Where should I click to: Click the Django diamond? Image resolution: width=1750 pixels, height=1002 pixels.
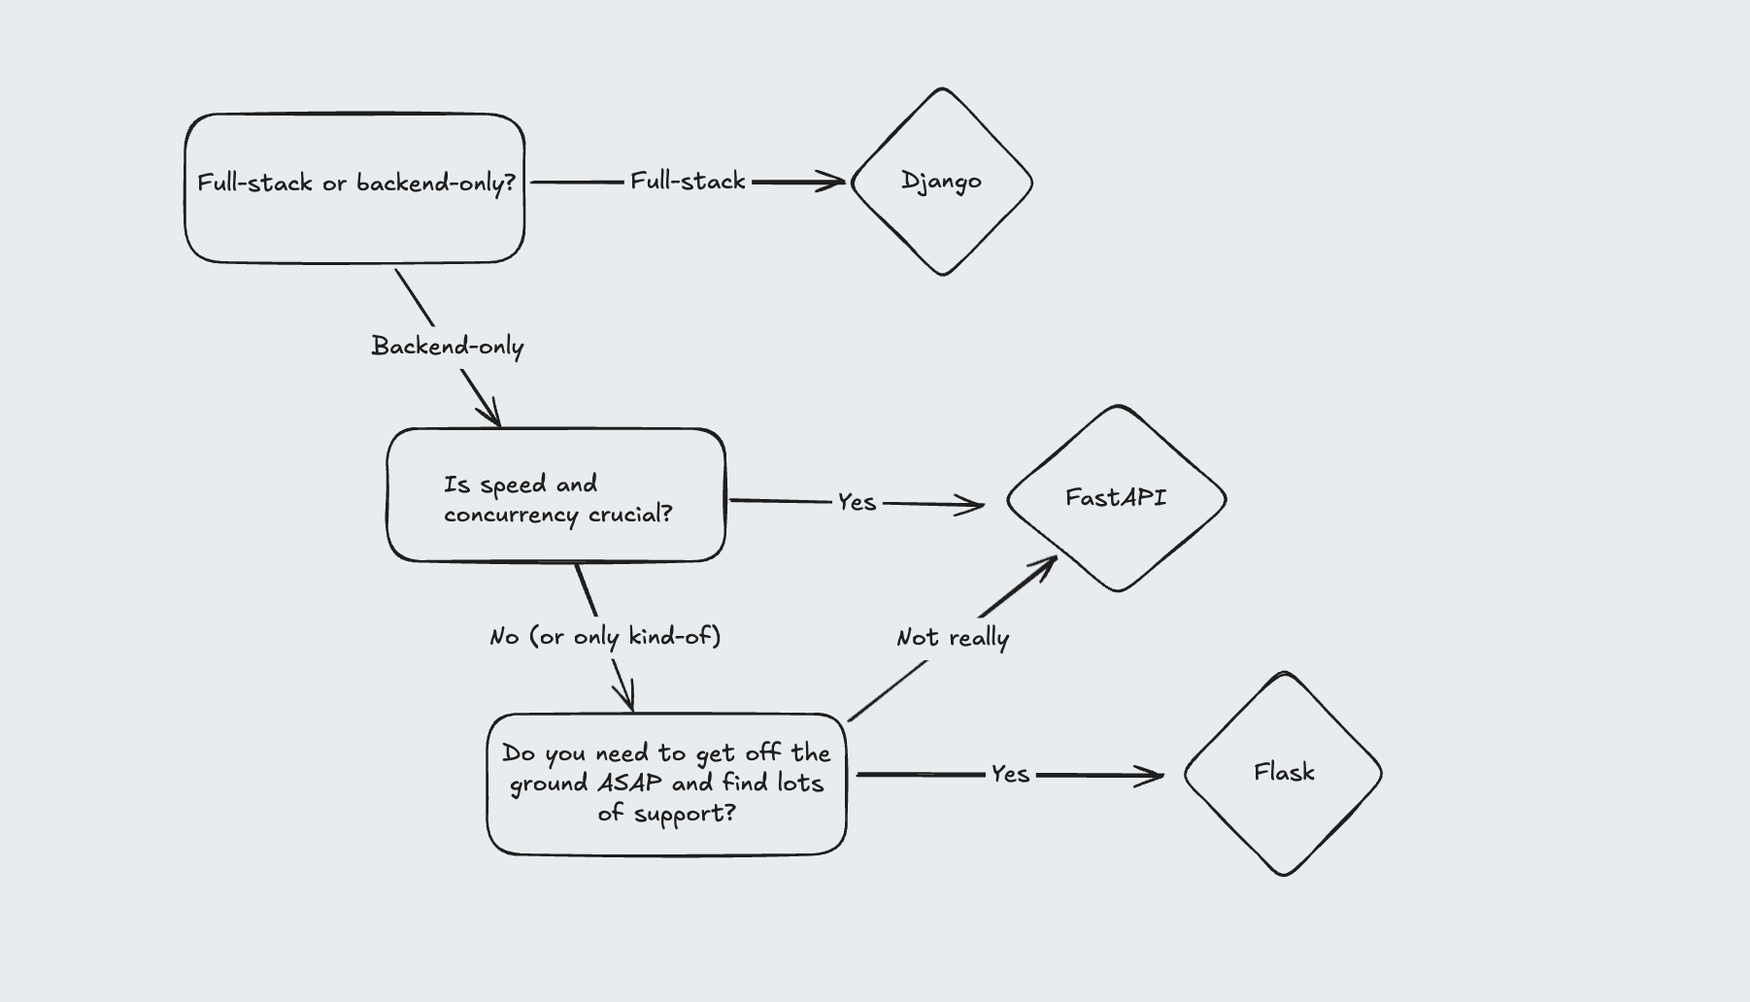click(x=941, y=182)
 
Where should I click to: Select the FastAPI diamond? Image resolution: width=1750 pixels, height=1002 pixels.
click(x=1116, y=498)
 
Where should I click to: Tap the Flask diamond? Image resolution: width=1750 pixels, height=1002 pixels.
click(x=1283, y=774)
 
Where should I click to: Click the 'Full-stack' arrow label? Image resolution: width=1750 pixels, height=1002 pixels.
click(x=688, y=182)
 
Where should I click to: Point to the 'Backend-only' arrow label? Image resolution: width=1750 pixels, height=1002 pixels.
click(x=448, y=347)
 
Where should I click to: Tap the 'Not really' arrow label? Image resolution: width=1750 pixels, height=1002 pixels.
click(x=952, y=638)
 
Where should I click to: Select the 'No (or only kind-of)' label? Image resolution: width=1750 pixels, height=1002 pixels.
click(x=605, y=637)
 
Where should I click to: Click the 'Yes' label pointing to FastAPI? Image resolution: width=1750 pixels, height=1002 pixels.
click(x=857, y=502)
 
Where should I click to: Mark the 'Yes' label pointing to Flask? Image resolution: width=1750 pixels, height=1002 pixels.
click(x=1010, y=774)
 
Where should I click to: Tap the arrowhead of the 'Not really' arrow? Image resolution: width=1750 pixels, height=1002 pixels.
click(x=1049, y=563)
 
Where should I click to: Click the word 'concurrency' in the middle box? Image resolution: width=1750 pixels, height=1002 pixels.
click(x=511, y=515)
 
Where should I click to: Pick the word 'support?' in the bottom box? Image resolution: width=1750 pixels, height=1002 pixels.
click(x=685, y=813)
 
